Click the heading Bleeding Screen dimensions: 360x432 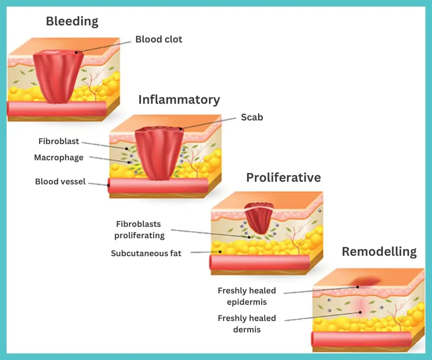[72, 21]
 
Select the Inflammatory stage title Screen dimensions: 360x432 [179, 100]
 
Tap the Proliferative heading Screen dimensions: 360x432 [283, 177]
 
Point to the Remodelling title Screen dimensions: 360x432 [379, 252]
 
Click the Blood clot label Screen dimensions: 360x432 [159, 39]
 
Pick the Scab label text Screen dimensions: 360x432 [252, 117]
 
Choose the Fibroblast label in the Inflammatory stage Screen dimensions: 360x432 [59, 141]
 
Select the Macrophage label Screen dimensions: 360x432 [59, 158]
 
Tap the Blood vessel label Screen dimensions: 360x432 [60, 181]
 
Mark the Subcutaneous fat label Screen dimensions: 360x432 [146, 254]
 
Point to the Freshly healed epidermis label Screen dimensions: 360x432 [247, 296]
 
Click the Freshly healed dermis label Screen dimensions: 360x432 [247, 324]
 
